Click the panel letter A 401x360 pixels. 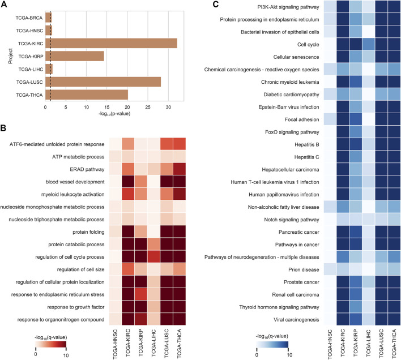[4, 5]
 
